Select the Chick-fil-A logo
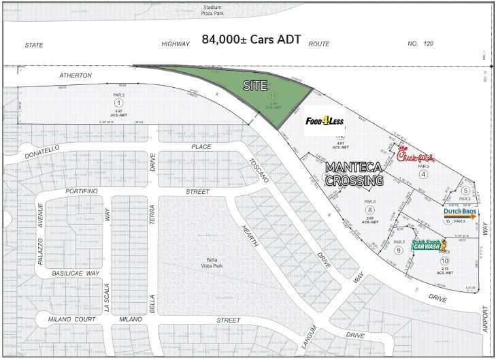click(x=415, y=156)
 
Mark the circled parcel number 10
click(x=445, y=261)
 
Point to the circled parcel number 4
click(x=423, y=174)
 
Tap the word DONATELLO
click(x=42, y=148)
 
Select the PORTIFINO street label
click(x=82, y=192)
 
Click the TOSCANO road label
click(x=261, y=172)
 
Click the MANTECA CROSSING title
click(x=353, y=174)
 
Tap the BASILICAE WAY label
click(x=76, y=273)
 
